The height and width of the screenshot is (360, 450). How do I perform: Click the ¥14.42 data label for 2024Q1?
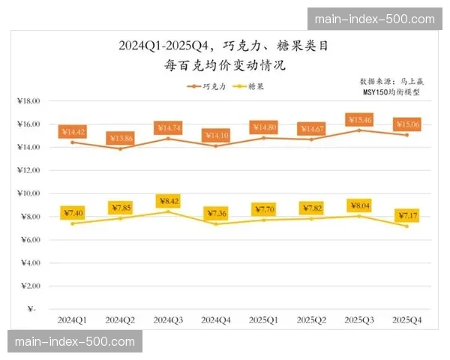pos(73,132)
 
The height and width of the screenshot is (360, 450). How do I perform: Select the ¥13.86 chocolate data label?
pos(121,139)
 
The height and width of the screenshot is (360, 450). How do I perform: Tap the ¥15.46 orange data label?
pos(358,120)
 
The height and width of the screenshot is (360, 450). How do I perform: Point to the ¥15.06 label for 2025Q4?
pos(406,124)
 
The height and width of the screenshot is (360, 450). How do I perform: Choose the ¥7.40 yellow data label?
pos(73,214)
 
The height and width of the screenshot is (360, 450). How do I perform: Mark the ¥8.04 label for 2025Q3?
pos(358,205)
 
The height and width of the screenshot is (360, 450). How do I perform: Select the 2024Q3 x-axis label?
pos(169,319)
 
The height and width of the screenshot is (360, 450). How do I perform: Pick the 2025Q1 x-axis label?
pos(264,319)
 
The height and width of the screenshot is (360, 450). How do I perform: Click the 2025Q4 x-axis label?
pos(406,319)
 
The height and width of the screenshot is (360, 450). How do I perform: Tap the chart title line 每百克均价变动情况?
pos(225,65)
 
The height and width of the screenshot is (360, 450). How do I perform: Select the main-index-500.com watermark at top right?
pos(374,19)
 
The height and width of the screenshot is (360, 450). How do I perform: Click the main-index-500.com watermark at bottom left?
pos(74,342)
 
